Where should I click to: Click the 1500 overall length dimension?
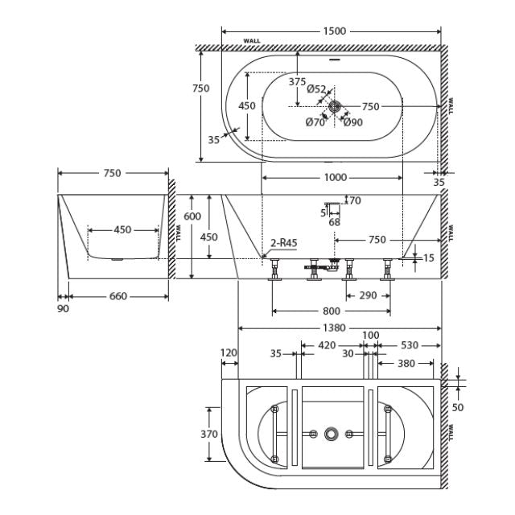[335, 31]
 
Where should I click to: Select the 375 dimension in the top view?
[297, 81]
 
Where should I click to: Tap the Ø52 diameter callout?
[316, 90]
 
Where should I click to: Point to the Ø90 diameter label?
[352, 122]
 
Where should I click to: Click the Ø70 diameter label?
[315, 122]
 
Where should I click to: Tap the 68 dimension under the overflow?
[334, 222]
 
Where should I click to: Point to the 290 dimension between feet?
[367, 295]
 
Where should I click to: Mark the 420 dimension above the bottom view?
[327, 345]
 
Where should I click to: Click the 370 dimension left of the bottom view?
[209, 434]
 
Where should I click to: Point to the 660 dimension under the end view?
[117, 295]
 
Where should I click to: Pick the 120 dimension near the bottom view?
[229, 352]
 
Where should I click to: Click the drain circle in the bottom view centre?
[331, 435]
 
